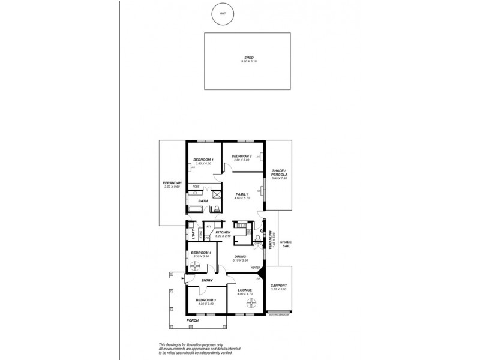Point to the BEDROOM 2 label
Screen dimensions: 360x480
click(x=241, y=155)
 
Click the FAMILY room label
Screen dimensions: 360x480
click(x=242, y=194)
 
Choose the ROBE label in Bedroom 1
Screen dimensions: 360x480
click(x=196, y=187)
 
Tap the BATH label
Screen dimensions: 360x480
click(x=203, y=201)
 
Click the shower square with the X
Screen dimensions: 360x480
click(x=216, y=195)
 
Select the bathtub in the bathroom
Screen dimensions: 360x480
click(x=195, y=209)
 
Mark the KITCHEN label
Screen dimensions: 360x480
click(x=223, y=232)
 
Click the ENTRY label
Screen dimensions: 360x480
click(x=208, y=280)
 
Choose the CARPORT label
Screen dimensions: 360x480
click(x=279, y=286)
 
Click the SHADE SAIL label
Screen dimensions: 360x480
click(x=286, y=242)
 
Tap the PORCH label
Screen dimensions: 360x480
click(x=193, y=320)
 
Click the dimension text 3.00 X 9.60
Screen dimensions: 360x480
click(x=172, y=187)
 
